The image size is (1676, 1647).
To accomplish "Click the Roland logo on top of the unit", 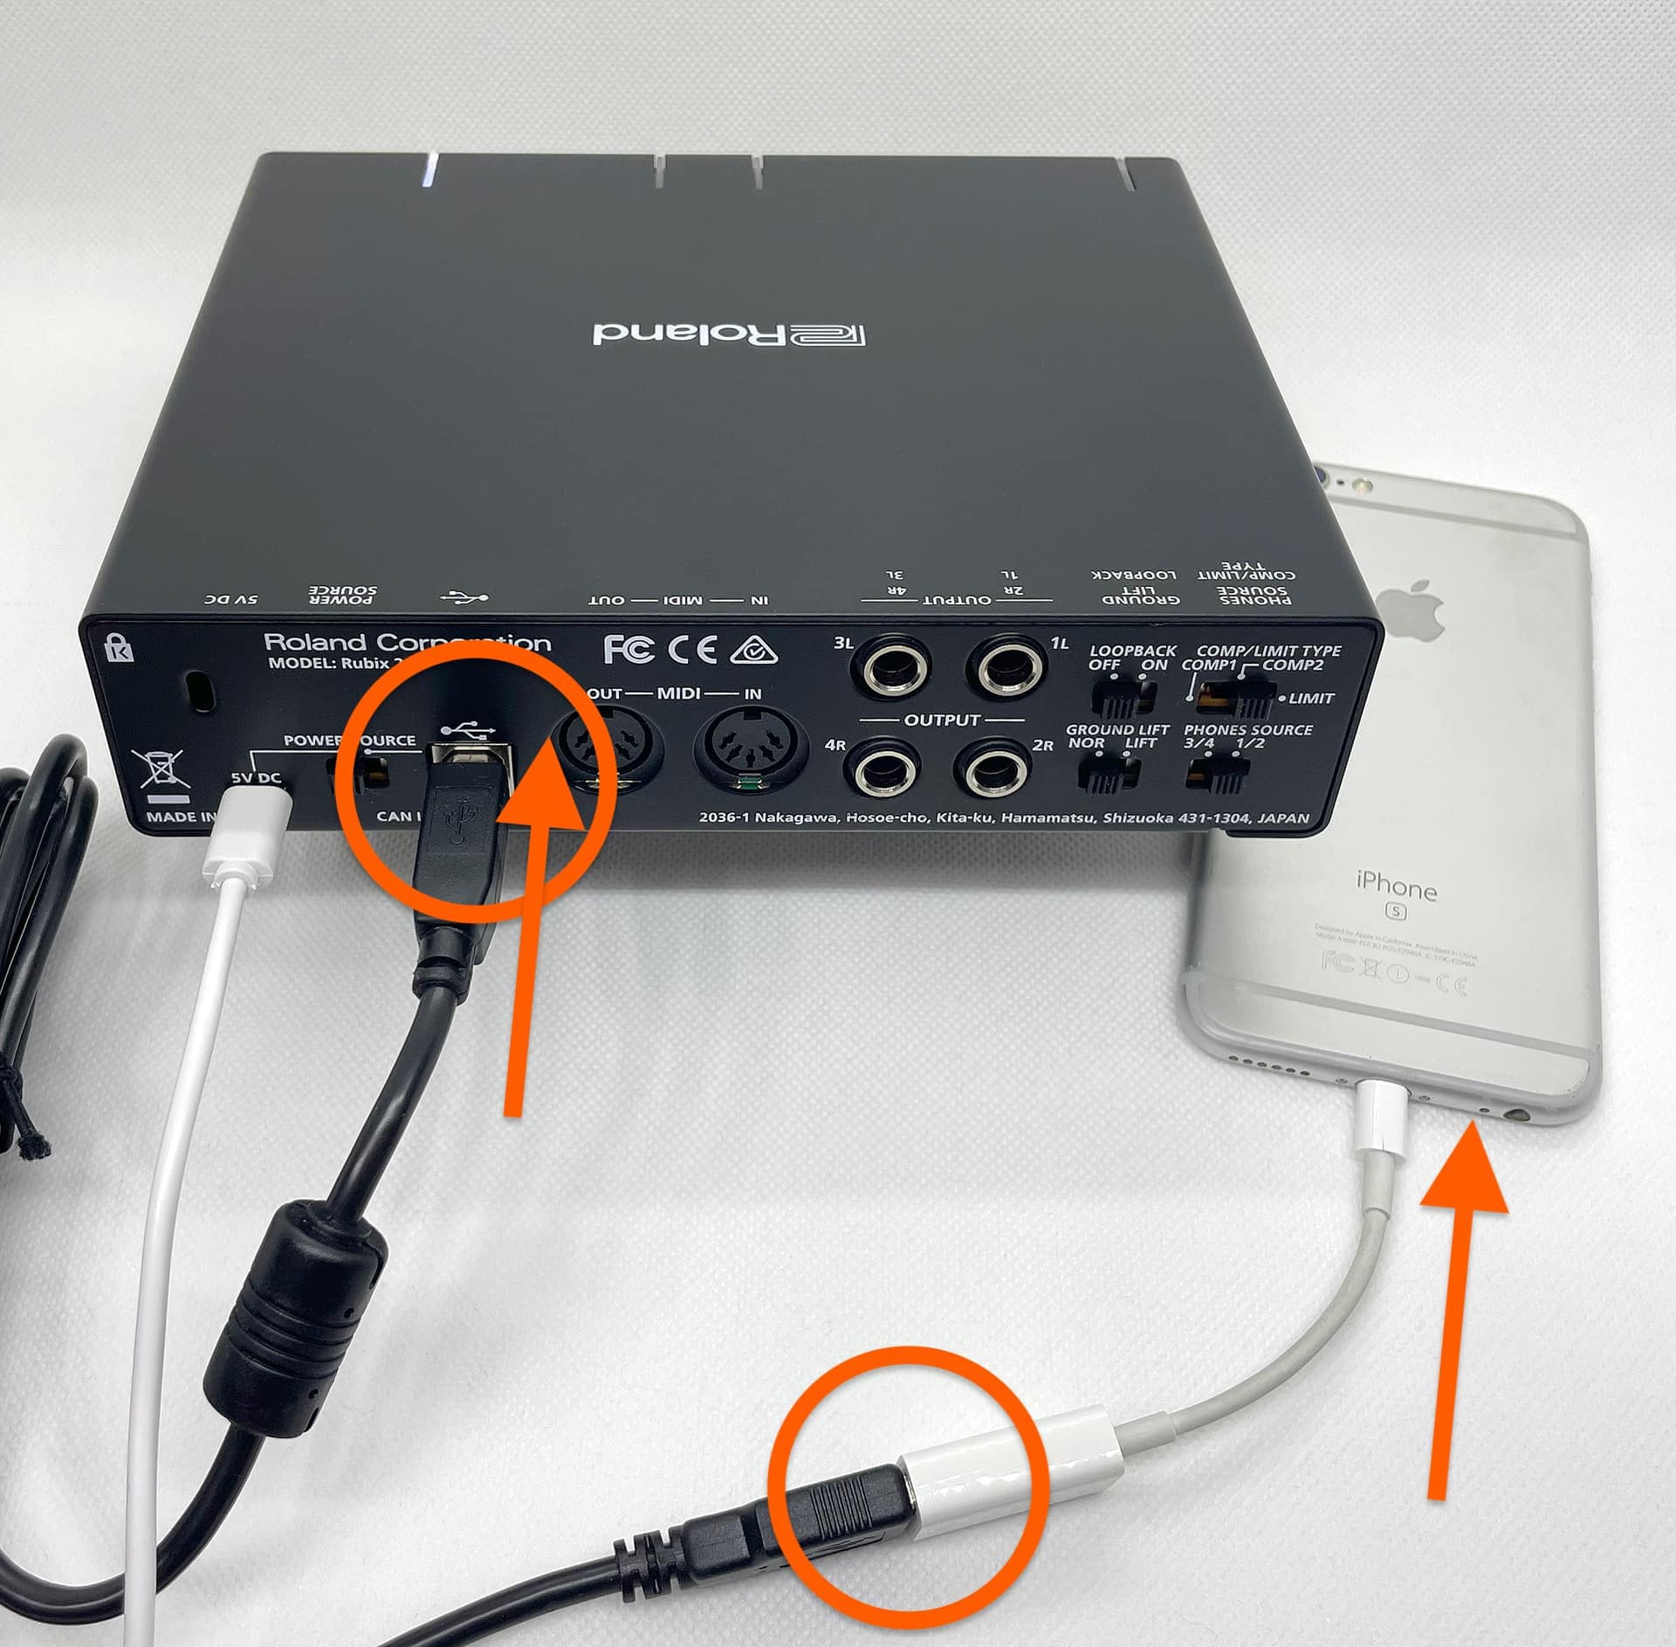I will (x=729, y=335).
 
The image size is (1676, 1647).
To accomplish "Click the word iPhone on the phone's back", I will (x=1396, y=887).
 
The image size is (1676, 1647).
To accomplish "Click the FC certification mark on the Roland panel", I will (x=628, y=650).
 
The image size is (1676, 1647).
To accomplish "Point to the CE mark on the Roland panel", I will (x=693, y=650).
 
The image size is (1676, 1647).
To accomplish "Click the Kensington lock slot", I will (x=203, y=691).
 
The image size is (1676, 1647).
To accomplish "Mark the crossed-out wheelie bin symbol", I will (x=160, y=769).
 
